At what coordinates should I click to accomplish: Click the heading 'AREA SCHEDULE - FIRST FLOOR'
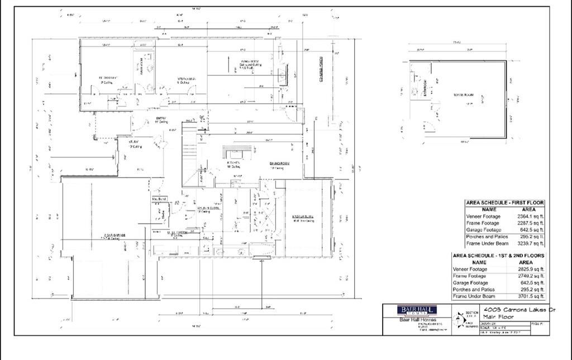click(504, 202)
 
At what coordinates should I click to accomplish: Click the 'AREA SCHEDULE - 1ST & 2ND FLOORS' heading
click(498, 255)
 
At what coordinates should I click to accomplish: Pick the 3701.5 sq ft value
click(530, 296)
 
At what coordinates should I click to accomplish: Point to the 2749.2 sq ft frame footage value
click(530, 276)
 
